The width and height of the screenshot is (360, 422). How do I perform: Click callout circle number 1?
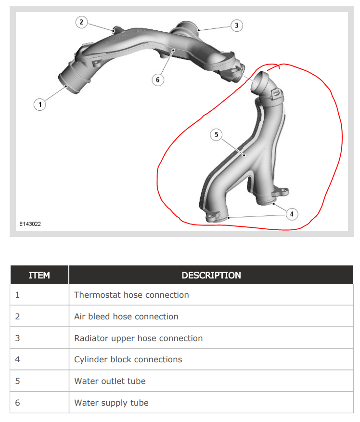tap(40, 105)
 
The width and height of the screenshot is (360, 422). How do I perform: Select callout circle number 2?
tap(81, 22)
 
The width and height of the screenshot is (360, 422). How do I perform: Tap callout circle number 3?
tap(237, 26)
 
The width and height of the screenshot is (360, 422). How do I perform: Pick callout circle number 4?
tap(292, 214)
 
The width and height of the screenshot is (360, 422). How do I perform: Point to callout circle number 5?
tap(216, 134)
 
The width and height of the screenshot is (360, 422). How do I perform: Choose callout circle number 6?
tap(158, 80)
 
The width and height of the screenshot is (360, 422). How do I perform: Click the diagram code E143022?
tap(30, 224)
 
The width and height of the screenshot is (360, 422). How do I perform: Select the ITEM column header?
tap(39, 275)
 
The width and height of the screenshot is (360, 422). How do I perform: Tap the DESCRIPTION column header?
tap(211, 275)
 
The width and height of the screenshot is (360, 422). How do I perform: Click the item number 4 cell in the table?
tap(39, 359)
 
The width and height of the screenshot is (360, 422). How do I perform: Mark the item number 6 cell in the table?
tap(39, 403)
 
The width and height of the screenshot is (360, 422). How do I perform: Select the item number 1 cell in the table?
tap(39, 295)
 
